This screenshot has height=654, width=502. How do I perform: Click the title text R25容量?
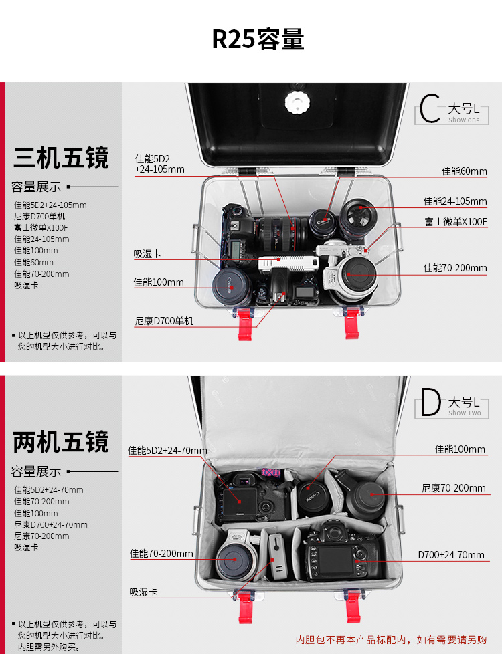[x=258, y=39]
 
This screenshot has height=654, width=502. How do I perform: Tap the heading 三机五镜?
[x=61, y=158]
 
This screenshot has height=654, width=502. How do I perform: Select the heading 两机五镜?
[x=61, y=442]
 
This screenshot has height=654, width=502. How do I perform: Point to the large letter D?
[x=430, y=403]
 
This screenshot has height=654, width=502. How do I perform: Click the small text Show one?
[x=464, y=120]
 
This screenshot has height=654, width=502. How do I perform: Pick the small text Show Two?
[x=465, y=413]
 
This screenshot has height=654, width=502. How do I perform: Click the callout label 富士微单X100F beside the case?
[x=455, y=222]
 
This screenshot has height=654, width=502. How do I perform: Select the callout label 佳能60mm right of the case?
[x=464, y=171]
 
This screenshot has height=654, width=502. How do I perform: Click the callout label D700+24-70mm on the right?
[x=451, y=555]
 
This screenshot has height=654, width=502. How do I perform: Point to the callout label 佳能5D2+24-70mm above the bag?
[x=167, y=451]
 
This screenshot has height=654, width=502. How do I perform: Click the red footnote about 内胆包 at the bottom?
[x=391, y=640]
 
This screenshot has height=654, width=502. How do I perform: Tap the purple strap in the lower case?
[x=270, y=473]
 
